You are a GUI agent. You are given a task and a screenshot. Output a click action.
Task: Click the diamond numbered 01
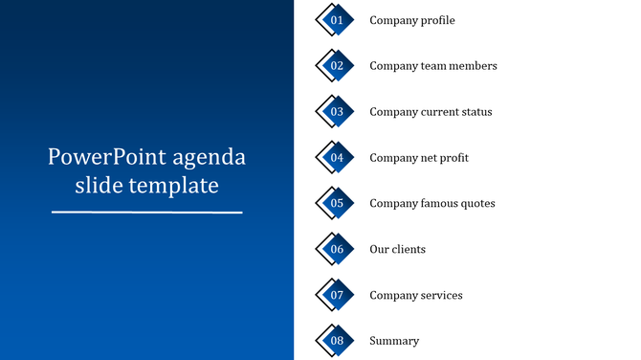coord(336,20)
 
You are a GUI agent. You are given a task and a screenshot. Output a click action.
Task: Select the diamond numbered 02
coord(336,66)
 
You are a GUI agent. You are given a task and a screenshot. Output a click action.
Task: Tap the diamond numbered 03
coord(336,112)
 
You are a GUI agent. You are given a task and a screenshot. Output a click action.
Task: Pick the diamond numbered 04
coord(336,158)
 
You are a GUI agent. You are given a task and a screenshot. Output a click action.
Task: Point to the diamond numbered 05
coord(336,203)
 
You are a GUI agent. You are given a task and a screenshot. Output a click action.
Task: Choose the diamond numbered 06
coord(336,249)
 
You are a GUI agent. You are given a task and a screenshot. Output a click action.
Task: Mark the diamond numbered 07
coord(336,295)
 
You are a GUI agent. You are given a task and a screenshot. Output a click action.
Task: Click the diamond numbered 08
coord(336,341)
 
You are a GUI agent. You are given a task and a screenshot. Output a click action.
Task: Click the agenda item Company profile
coord(411,20)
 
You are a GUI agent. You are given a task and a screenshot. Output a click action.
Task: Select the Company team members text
coord(432,66)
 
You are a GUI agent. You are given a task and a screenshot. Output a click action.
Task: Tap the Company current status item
coord(431,112)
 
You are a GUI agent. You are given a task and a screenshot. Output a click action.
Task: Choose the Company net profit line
coord(419,158)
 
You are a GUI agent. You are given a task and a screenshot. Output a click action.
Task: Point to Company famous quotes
coord(432,203)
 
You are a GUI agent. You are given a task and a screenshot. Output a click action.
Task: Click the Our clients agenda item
coord(397,249)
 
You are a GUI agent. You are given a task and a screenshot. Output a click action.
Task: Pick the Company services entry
coord(416,295)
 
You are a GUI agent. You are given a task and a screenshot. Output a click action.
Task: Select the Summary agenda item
coord(394,341)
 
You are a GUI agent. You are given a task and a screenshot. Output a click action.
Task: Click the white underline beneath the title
coord(146,212)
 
